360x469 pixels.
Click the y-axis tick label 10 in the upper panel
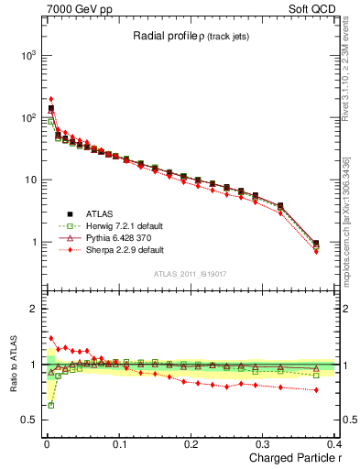click(x=29, y=180)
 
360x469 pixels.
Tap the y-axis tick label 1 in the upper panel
click(x=33, y=243)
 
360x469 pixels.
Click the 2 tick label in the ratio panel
click(x=33, y=309)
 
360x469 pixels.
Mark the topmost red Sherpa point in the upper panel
click(x=51, y=99)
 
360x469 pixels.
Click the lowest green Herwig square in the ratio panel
click(x=51, y=404)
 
